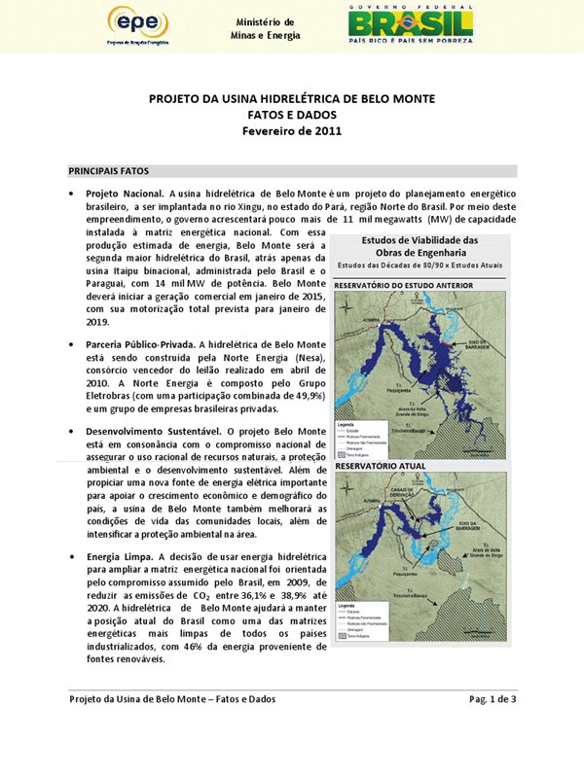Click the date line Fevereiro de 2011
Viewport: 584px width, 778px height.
point(291,131)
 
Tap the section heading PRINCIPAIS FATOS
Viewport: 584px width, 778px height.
point(107,171)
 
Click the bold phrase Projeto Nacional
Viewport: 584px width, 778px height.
point(125,194)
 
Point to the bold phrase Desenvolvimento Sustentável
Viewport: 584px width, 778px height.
point(146,431)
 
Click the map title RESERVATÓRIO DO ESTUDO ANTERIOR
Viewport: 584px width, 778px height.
point(404,285)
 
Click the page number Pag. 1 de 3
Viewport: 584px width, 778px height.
point(493,699)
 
